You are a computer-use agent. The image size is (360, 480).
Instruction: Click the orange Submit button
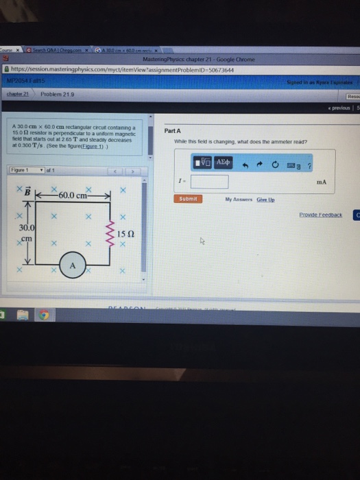coord(188,198)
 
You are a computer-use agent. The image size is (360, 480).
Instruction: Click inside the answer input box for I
coord(209,182)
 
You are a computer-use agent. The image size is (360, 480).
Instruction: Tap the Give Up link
coord(266,199)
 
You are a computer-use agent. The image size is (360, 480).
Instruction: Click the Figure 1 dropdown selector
coord(28,169)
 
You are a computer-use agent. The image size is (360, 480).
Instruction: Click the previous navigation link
coord(338,108)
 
